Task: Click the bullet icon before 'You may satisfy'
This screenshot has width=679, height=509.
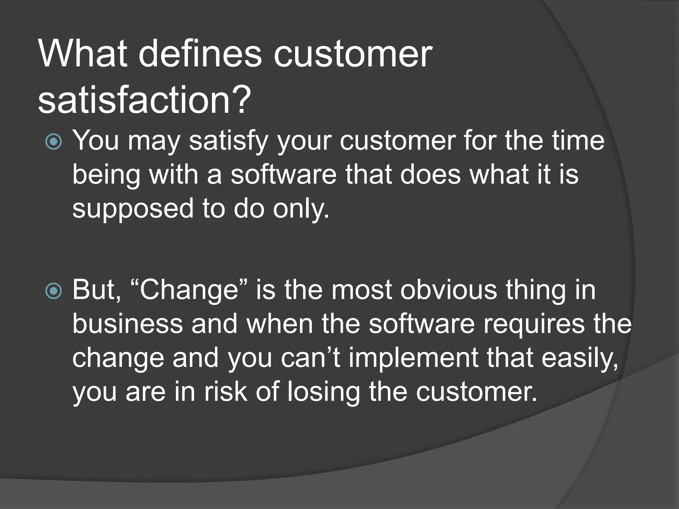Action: (53, 142)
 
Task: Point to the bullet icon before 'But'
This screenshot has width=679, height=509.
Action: (53, 291)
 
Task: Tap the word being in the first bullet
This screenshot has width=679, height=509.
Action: (106, 176)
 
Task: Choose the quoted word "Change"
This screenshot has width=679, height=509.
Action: (189, 290)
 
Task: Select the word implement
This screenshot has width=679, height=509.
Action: (413, 358)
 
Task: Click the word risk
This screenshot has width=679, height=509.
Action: (225, 392)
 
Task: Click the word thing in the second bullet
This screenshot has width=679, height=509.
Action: (536, 290)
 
